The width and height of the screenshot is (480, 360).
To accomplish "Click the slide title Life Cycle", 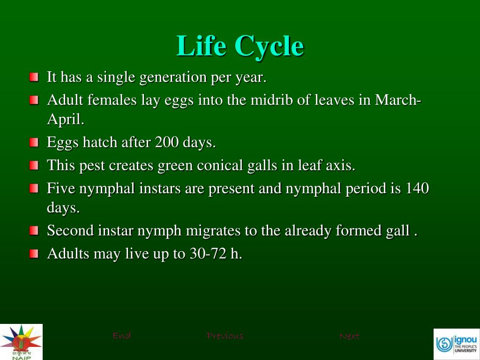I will coord(240,46).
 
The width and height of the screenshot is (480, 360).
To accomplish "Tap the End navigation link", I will coord(122,336).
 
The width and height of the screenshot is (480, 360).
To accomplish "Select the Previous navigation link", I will coord(225,336).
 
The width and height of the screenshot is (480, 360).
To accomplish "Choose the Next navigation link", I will coord(349,336).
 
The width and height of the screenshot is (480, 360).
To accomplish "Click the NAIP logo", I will coord(21,342).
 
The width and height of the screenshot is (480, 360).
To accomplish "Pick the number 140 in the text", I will coord(417,188).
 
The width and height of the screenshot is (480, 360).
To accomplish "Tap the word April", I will coord(65,120).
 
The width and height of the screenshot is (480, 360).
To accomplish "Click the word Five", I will coord(61,188).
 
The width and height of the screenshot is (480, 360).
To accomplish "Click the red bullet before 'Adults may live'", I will coord(34,254).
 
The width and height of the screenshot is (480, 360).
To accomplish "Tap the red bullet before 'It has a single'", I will coord(34,77).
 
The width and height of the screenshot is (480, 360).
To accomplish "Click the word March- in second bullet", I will coord(398,100).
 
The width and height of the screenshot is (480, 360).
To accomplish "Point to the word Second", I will coord(70,231).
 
